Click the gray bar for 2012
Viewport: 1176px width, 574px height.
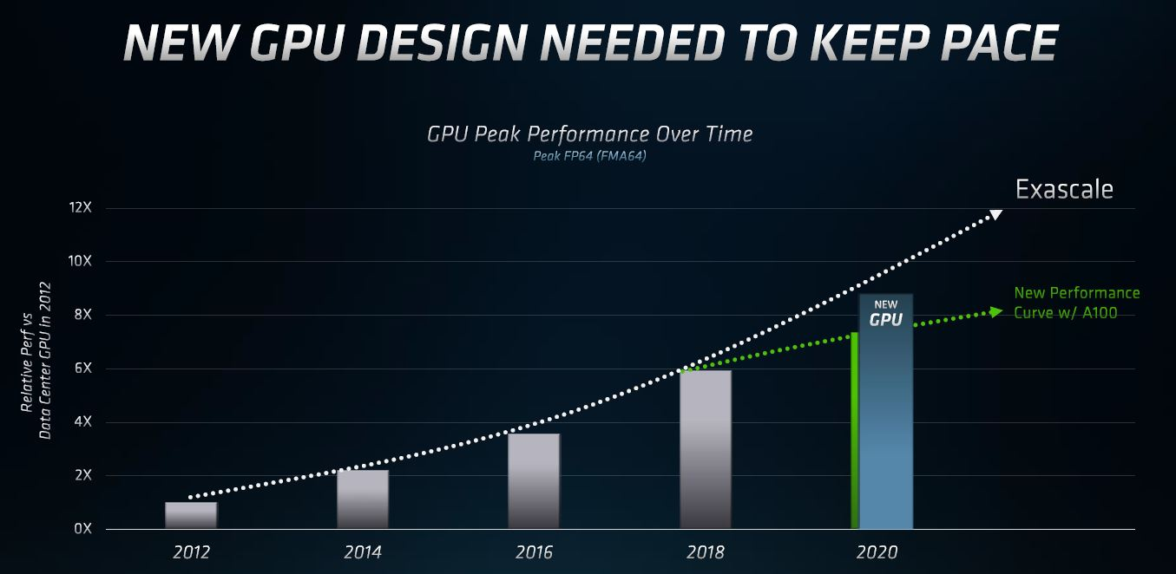coord(191,516)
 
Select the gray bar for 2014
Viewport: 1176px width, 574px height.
coord(363,499)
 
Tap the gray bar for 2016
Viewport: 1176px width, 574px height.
coord(534,481)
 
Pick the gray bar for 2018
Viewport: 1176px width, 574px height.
coord(706,449)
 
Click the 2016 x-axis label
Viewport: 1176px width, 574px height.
coord(534,552)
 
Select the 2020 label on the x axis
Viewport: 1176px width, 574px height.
coord(877,552)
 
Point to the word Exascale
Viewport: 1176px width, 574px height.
coord(1064,189)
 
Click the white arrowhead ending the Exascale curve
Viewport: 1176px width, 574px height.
coord(996,214)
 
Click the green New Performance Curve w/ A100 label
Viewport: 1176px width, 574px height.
coord(1076,303)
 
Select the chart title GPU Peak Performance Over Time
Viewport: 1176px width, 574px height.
coord(589,134)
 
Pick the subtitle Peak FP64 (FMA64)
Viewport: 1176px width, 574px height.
coord(589,156)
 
